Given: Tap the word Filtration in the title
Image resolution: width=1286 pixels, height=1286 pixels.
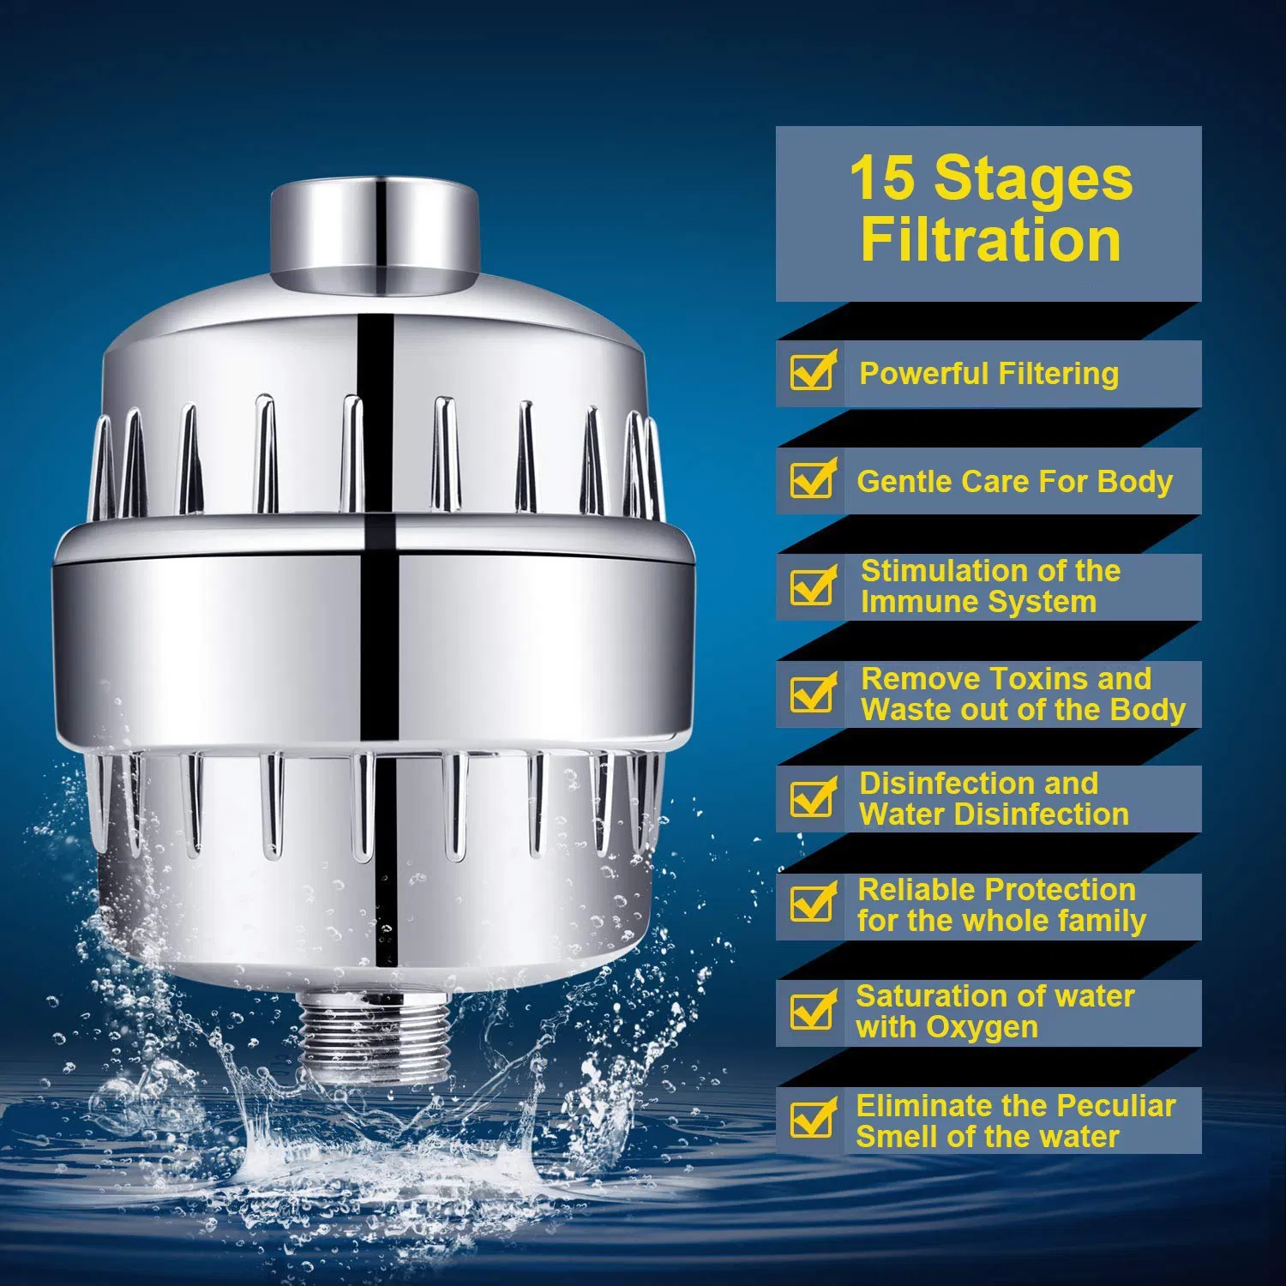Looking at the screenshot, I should click(990, 240).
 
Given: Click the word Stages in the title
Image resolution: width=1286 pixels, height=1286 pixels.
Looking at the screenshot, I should click(1033, 179).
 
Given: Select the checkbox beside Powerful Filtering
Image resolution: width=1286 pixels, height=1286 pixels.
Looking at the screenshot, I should click(811, 373).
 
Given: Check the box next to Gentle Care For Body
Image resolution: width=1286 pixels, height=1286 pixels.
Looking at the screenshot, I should click(811, 480).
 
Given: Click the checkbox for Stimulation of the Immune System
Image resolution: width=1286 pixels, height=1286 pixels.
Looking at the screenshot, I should click(811, 587).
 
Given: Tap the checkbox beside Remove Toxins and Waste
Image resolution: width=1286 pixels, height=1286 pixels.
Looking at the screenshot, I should click(811, 694).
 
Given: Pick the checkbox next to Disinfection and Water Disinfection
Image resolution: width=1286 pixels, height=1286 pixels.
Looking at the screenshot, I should click(811, 799).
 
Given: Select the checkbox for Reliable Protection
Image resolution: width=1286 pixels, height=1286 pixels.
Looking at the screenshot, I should click(811, 904).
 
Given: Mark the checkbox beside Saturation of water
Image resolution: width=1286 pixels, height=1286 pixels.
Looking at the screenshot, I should click(811, 1013).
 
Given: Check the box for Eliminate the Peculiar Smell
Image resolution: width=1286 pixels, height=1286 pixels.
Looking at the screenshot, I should click(811, 1120).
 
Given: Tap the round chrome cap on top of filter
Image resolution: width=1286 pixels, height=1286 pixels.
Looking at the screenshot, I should click(374, 231).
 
